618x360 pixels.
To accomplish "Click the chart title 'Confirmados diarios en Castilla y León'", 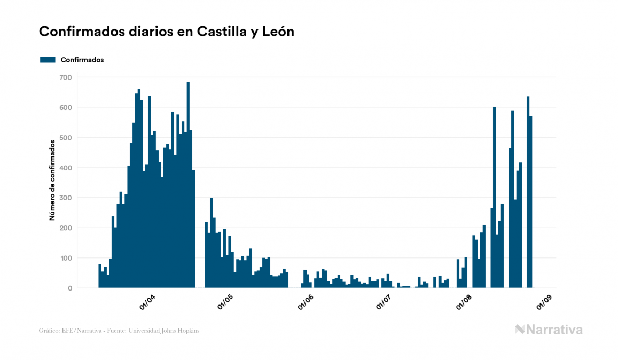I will tap(167, 32).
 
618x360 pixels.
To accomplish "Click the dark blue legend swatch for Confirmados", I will tap(48, 60).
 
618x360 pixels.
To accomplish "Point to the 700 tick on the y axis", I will tap(65, 77).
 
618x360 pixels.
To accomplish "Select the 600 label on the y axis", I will tap(65, 107).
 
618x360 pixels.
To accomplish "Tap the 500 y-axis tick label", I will tap(65, 138).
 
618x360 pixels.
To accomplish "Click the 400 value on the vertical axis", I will tap(65, 168).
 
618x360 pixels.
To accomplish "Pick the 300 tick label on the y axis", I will tap(65, 198).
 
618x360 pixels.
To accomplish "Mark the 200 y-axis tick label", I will tap(65, 228).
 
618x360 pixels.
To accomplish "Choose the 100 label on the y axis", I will tap(65, 258).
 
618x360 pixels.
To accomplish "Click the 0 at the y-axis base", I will tap(69, 288).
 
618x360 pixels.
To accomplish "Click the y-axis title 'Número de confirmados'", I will tap(52, 181).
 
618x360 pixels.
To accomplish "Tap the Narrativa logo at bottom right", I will tap(549, 330).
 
